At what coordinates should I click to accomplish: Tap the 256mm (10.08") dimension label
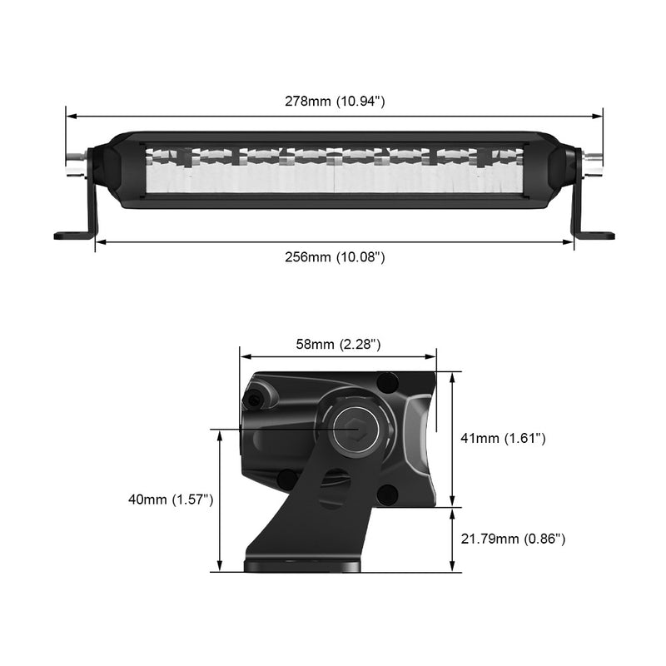pyautogui.click(x=334, y=257)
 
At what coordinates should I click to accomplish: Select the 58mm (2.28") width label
pyautogui.click(x=338, y=344)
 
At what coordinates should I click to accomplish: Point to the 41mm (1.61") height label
pyautogui.click(x=504, y=438)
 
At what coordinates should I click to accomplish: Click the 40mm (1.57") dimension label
pyautogui.click(x=171, y=499)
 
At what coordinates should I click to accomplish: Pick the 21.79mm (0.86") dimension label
pyautogui.click(x=513, y=539)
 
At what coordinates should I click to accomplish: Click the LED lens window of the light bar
pyautogui.click(x=334, y=171)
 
